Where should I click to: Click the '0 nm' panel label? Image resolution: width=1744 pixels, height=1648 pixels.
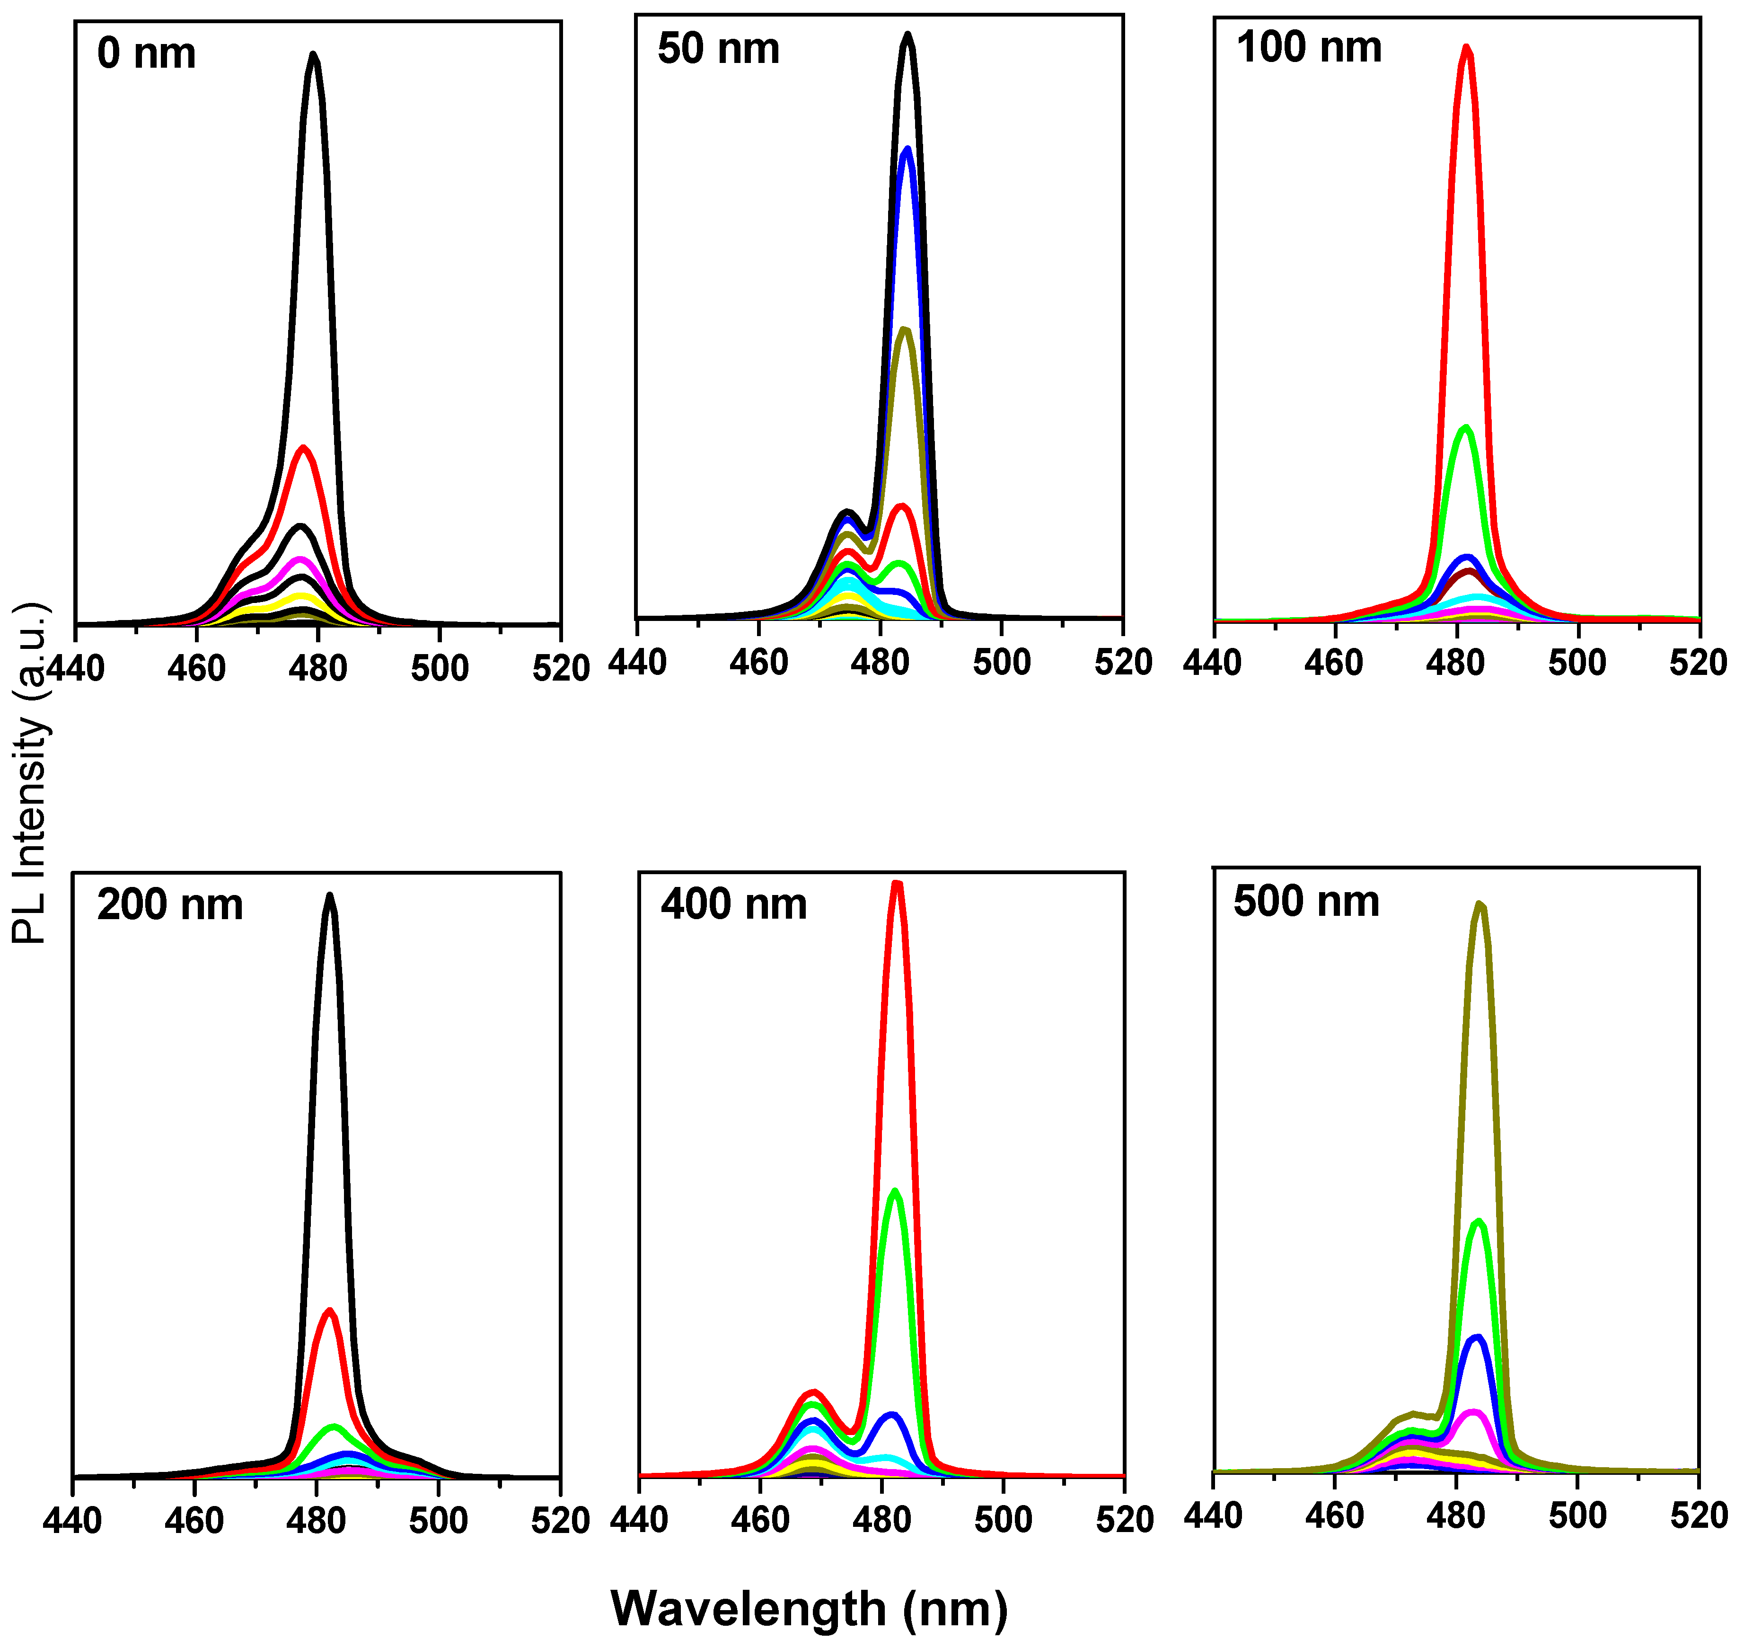[147, 54]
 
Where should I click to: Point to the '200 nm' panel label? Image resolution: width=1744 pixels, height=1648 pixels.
[169, 905]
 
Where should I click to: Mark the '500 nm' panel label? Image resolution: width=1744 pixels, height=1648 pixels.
[1306, 902]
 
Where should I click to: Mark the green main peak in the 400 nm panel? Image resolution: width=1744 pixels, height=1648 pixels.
[895, 1192]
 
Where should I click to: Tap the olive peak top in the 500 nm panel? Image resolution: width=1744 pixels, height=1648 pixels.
[1480, 904]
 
